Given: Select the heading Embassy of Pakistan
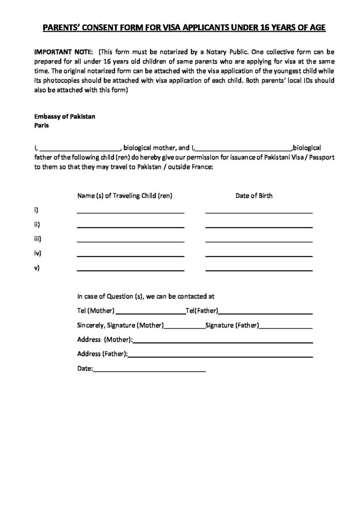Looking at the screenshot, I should (x=64, y=116).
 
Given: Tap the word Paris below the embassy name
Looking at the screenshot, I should (x=41, y=126).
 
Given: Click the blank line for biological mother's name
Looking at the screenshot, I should (x=79, y=149).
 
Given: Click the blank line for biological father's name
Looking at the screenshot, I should (x=244, y=149).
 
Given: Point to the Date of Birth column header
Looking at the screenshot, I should (x=254, y=195).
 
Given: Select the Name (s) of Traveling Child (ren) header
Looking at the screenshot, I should (x=124, y=195).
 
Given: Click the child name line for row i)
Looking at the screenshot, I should (x=130, y=212).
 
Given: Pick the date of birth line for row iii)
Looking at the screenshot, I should (x=259, y=241).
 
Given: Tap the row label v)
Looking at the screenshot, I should (x=36, y=268).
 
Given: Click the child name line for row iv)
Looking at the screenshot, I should (x=130, y=255).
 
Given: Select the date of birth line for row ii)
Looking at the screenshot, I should (x=259, y=227).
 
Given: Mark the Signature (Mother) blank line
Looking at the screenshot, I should (x=184, y=328).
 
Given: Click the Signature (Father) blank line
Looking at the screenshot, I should (x=286, y=328).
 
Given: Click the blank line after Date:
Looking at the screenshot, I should (x=149, y=371).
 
